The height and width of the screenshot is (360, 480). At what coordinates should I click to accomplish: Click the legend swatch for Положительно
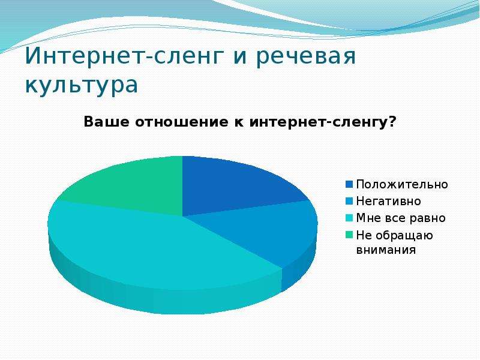click(349, 184)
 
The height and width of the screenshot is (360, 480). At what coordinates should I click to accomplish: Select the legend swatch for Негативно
click(349, 201)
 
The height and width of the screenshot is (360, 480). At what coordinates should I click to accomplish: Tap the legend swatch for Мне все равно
click(349, 218)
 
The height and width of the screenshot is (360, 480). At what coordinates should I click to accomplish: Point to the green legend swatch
click(349, 235)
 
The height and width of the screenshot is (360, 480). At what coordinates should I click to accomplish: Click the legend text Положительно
click(402, 185)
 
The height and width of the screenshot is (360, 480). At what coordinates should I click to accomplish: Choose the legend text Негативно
click(388, 201)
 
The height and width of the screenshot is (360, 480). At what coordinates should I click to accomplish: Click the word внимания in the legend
click(386, 250)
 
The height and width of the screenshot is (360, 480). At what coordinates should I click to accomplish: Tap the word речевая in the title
click(305, 56)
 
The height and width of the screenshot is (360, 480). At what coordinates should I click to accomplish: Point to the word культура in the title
click(82, 85)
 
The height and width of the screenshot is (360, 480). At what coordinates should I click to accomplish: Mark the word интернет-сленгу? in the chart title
click(323, 122)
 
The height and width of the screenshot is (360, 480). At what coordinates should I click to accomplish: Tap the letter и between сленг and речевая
click(239, 56)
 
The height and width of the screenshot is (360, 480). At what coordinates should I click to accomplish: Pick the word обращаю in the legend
click(404, 236)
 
